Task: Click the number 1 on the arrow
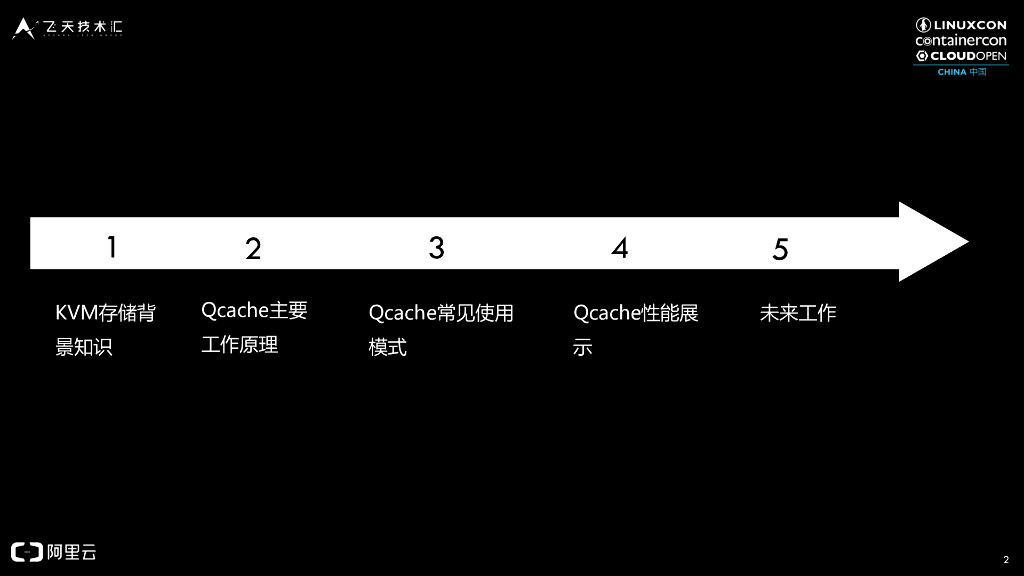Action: click(112, 246)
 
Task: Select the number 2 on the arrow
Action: click(253, 249)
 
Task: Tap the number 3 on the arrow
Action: click(436, 247)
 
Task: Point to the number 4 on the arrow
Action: click(620, 248)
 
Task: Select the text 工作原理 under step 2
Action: click(240, 345)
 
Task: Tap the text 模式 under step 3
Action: click(388, 348)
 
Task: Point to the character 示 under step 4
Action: click(583, 348)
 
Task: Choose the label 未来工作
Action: click(798, 313)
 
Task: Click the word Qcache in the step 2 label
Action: click(235, 310)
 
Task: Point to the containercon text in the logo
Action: click(960, 40)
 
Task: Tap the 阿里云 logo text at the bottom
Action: click(72, 552)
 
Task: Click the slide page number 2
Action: click(1005, 559)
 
